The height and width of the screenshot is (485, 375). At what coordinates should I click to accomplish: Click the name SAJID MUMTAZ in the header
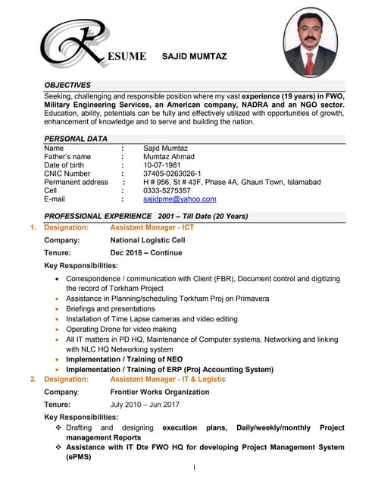[195, 56]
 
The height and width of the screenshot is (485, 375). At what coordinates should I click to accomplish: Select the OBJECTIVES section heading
[67, 85]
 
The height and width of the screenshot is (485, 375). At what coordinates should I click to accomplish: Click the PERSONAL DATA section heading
[76, 139]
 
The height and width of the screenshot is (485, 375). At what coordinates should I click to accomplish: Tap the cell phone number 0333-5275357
[167, 191]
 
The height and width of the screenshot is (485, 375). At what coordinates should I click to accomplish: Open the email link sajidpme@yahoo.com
[180, 199]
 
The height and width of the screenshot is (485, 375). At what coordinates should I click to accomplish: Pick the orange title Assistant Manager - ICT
[152, 227]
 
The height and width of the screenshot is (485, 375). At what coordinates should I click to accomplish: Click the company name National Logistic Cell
[147, 240]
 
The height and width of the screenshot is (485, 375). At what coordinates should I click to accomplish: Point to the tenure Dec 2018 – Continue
[146, 252]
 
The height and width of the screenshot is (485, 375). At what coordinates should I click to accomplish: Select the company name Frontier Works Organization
[160, 392]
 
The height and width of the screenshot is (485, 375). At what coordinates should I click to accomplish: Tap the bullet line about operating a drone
[121, 330]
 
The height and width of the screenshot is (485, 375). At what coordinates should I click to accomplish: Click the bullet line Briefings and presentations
[111, 309]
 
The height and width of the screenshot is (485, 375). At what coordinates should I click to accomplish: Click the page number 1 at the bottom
[195, 468]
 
